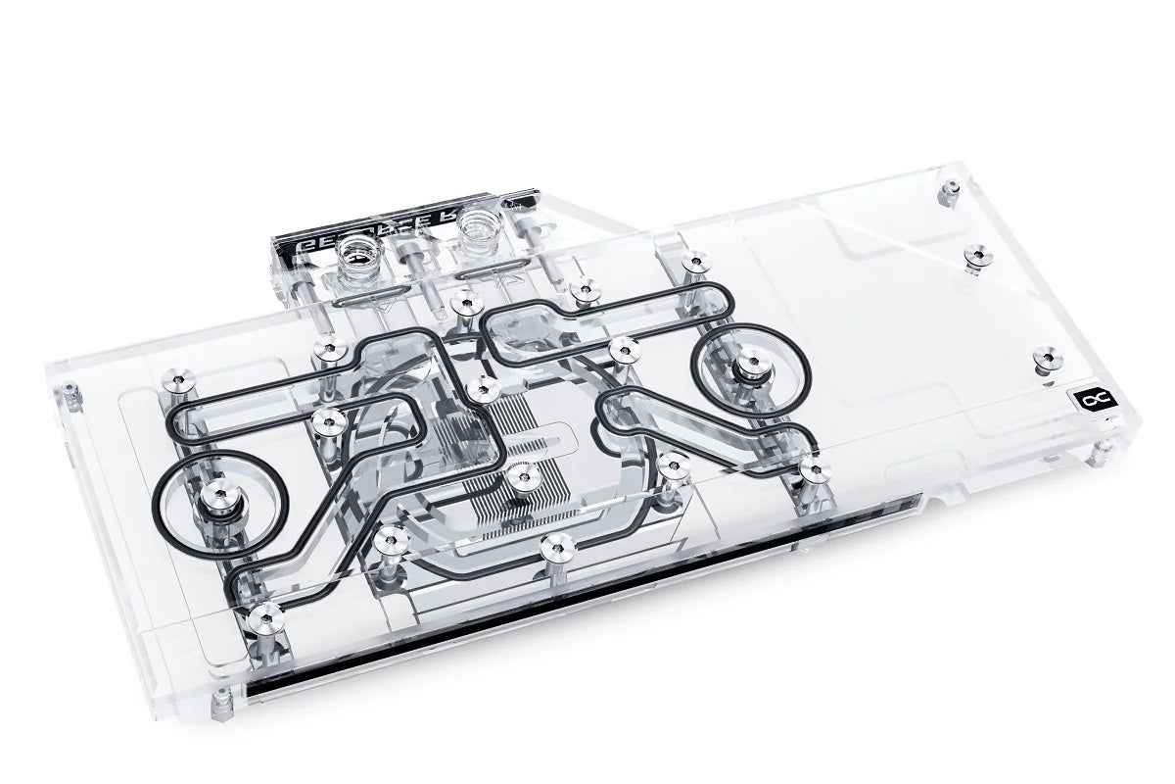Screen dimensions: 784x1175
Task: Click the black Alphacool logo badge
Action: coord(1087,399)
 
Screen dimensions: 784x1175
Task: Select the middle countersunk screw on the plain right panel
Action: coord(973,257)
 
